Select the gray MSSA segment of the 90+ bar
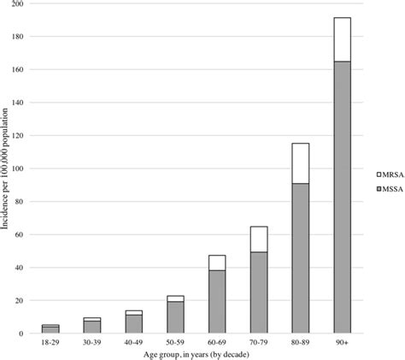[342, 197]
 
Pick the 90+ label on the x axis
[342, 343]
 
